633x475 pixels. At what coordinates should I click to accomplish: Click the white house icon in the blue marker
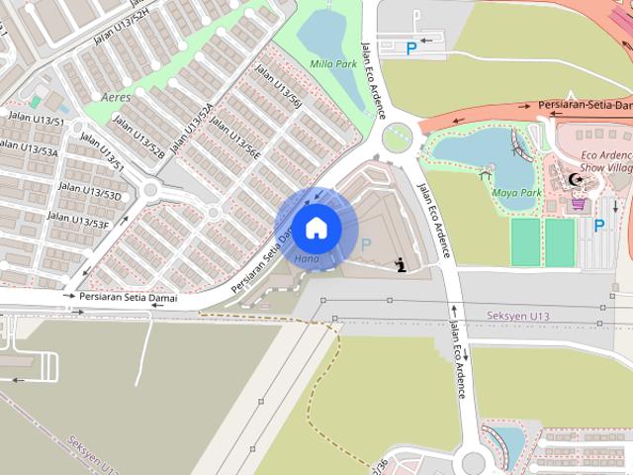point(316,228)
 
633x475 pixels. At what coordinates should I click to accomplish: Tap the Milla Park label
point(332,63)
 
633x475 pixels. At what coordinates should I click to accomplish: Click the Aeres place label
point(115,97)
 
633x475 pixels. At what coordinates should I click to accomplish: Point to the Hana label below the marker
point(306,259)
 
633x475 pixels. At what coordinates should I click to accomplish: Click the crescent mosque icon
point(576,180)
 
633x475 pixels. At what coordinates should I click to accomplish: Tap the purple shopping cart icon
point(578,204)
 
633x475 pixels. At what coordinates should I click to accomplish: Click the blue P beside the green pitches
point(598,226)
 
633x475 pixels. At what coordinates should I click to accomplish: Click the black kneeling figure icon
point(400,264)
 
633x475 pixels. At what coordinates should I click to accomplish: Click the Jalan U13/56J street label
point(278,87)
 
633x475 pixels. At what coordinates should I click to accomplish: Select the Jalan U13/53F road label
point(78,219)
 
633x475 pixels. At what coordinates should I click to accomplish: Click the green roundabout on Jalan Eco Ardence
point(397,138)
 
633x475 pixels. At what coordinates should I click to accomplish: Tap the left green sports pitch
point(525,241)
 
